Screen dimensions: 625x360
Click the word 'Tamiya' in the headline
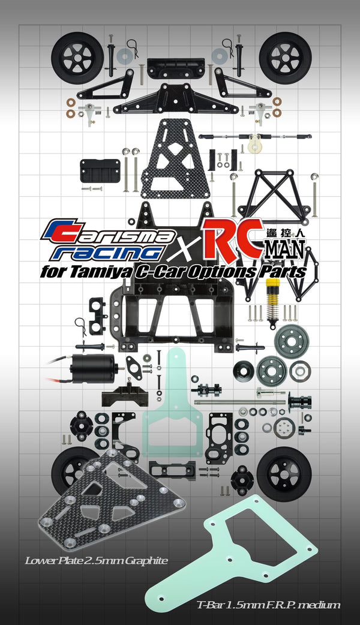click(114, 271)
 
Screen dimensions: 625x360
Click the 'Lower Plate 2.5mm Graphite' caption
click(97, 561)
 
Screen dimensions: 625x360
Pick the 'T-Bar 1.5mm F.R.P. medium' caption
click(268, 605)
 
